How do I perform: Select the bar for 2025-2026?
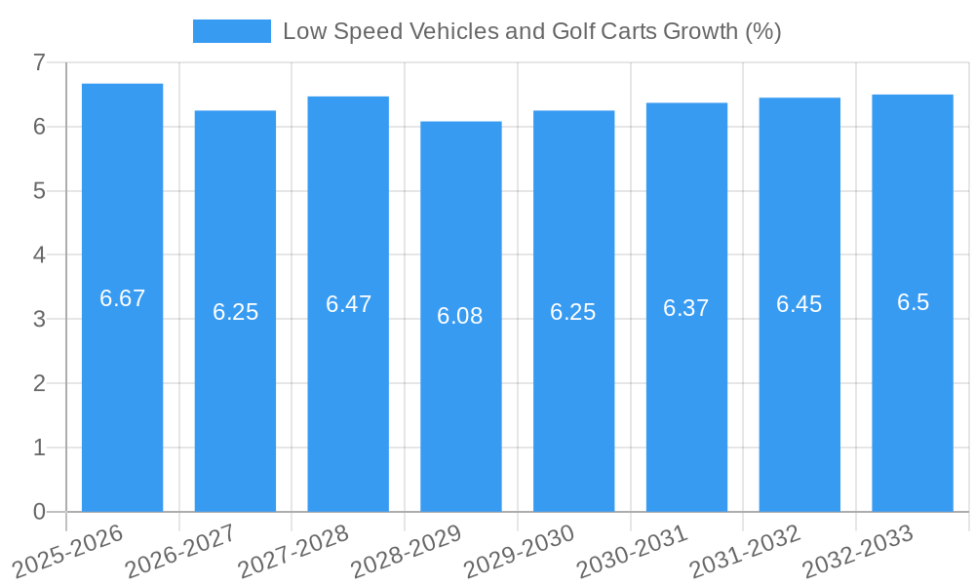122,390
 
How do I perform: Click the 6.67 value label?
122,298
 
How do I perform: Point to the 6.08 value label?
460,316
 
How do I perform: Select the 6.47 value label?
348,304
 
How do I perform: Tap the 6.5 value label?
913,302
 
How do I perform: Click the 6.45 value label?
799,304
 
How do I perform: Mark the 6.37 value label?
686,308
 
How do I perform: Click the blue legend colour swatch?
232,31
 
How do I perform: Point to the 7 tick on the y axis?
39,62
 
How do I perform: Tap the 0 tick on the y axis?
39,512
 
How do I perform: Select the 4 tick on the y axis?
39,255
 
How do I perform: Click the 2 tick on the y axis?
39,383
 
